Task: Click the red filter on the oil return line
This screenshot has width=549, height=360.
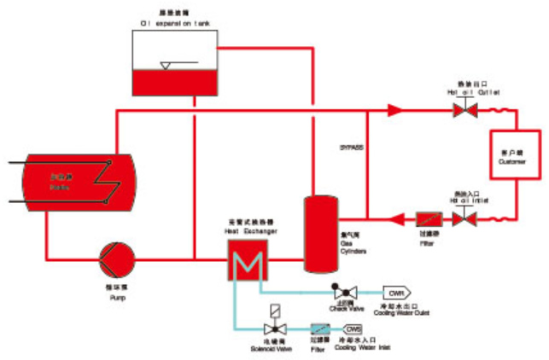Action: click(427, 218)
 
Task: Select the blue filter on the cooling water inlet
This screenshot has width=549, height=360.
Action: click(321, 328)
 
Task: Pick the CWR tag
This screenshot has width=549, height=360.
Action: click(395, 291)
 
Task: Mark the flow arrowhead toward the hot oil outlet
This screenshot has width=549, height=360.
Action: click(394, 110)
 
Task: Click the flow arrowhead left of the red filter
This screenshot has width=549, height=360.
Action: click(397, 218)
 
